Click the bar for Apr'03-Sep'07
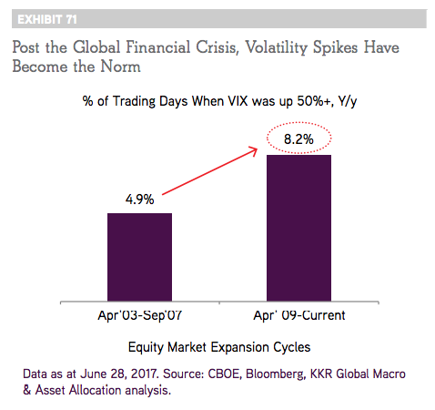click(139, 257)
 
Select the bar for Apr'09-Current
click(298, 228)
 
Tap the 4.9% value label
click(140, 200)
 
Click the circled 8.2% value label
click(298, 139)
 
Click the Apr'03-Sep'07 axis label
click(140, 315)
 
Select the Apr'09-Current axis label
click(299, 315)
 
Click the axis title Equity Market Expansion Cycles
click(219, 347)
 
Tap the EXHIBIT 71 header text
click(47, 19)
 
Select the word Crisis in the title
click(216, 47)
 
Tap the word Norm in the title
click(120, 67)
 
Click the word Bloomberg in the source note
click(275, 374)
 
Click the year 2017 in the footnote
click(145, 374)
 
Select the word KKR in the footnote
click(321, 374)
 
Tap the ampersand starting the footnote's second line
click(27, 390)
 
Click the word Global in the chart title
click(96, 47)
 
